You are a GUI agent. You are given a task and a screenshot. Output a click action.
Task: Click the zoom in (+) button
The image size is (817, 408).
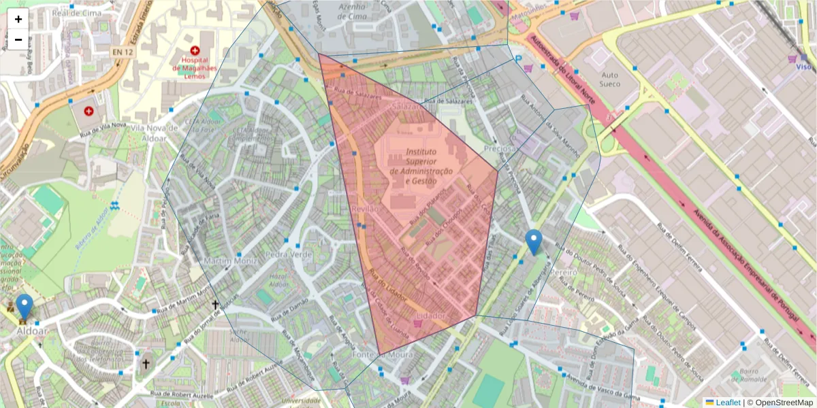18,19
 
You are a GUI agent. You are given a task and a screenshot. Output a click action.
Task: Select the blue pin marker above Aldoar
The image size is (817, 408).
25,307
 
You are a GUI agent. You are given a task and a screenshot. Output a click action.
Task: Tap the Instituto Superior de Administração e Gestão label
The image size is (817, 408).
421,167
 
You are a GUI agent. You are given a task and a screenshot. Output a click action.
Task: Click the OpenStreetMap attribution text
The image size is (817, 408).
780,403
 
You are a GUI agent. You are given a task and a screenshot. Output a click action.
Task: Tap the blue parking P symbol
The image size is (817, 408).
519,60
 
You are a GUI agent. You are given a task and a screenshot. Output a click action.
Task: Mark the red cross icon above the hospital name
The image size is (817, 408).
195,50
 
